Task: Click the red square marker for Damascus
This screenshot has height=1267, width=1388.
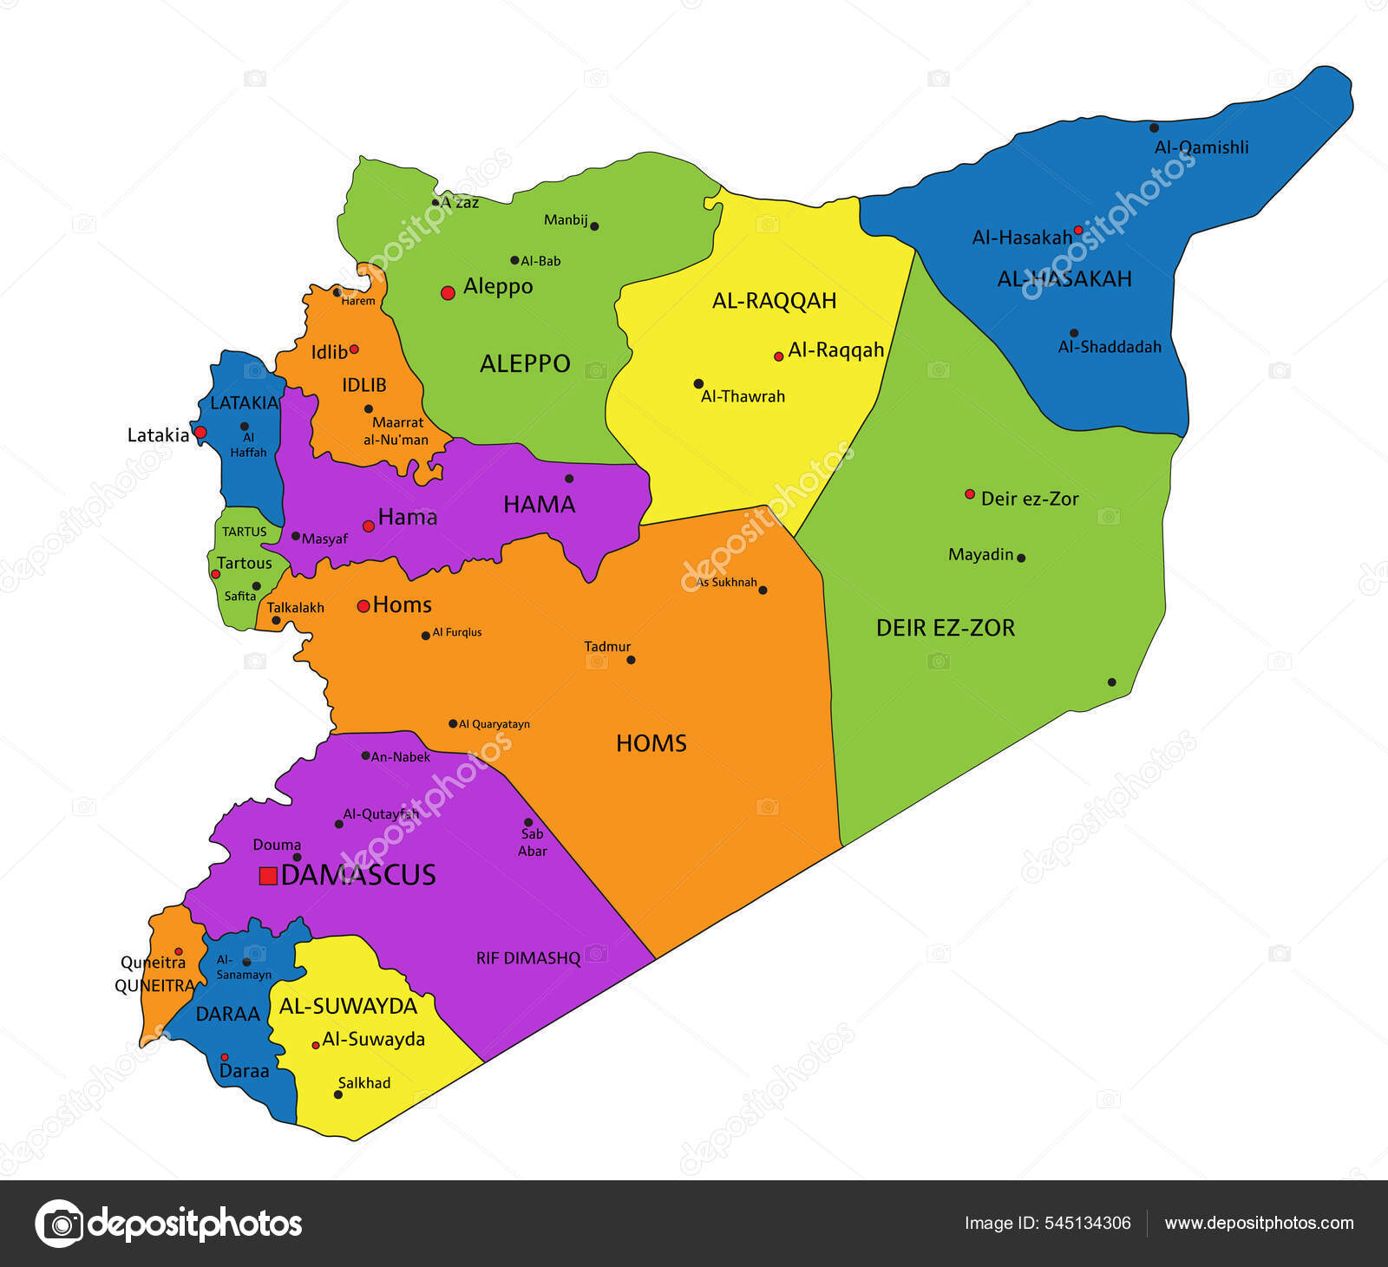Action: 268,876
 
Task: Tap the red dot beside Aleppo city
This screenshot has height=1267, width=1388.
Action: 448,293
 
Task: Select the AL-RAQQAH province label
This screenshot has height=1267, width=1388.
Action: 774,301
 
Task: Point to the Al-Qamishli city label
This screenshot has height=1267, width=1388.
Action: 1201,147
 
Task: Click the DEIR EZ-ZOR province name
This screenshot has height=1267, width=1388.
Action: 945,628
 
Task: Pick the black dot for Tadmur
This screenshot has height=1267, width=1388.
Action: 631,660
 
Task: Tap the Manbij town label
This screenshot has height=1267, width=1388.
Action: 566,220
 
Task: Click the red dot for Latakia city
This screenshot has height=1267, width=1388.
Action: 200,432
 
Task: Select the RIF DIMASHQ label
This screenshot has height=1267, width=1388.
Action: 527,958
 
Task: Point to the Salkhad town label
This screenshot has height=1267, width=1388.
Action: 364,1083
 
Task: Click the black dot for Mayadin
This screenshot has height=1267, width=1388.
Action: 1021,558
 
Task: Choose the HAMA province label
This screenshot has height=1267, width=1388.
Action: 539,504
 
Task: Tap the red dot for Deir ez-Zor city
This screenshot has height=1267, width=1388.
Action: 970,494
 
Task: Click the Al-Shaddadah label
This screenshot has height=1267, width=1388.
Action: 1109,347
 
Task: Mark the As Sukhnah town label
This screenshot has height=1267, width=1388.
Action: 727,582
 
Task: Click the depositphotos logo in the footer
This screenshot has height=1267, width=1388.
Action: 168,1224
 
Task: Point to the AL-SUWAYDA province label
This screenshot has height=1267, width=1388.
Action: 348,1006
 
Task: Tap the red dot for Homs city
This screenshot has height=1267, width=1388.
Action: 363,606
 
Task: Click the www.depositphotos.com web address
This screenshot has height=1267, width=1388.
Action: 1259,1223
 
